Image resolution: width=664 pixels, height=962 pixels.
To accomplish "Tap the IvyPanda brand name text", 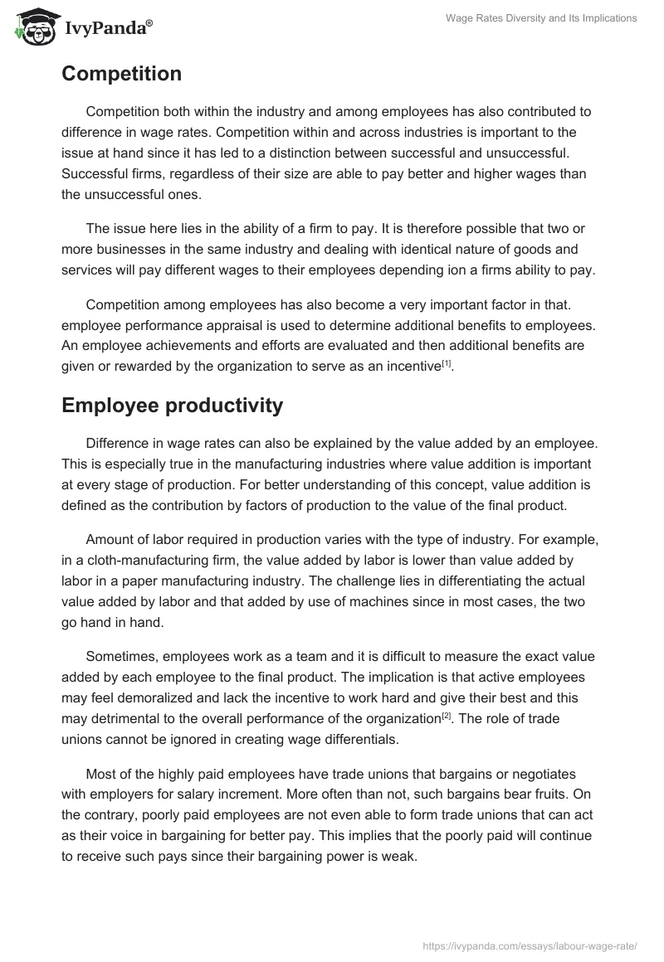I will point(107,27).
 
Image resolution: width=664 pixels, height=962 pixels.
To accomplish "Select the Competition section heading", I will point(121,74).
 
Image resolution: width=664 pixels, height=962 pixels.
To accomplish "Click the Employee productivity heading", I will point(172,406).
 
